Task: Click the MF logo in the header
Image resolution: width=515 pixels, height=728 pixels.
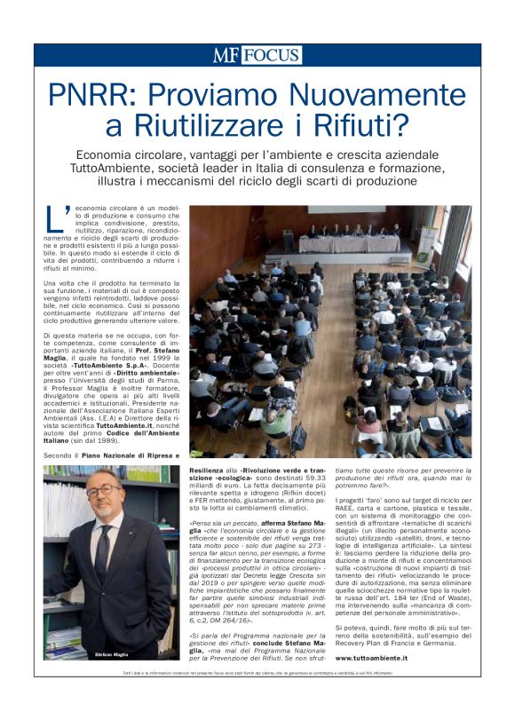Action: tap(226, 55)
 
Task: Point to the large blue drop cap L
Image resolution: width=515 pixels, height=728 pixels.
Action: tap(55, 217)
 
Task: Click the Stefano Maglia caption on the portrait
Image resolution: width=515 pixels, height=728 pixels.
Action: tap(114, 654)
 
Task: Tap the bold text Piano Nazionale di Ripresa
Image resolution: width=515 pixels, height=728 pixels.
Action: tap(119, 455)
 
